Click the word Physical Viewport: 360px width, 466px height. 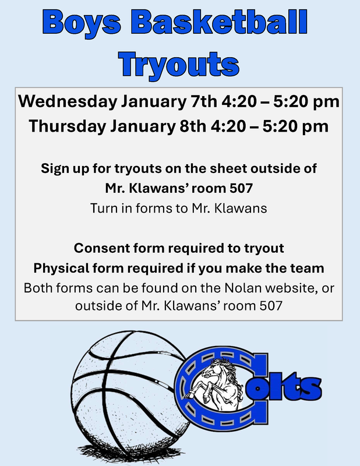coord(59,269)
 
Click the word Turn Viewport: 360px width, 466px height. coord(103,208)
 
